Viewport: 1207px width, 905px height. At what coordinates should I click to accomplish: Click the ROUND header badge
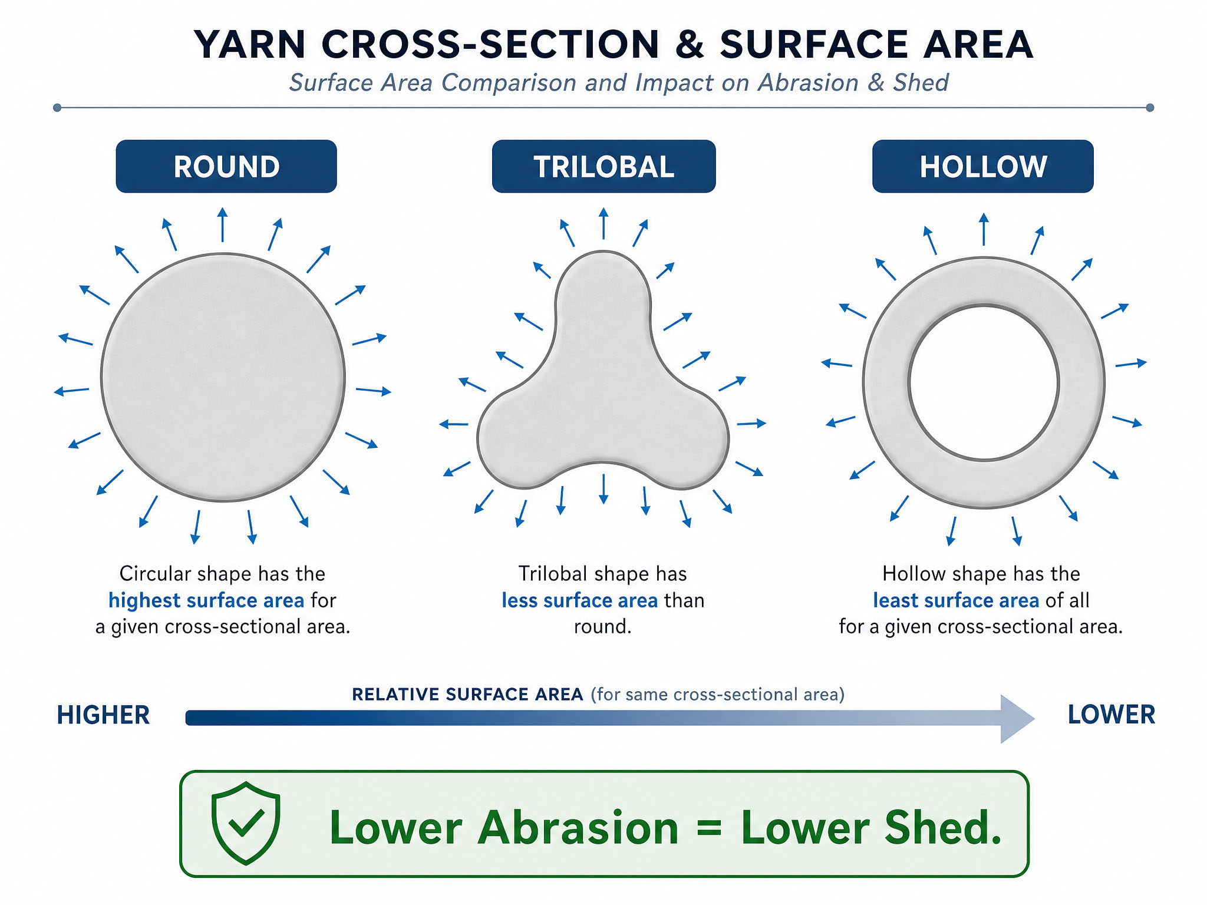click(226, 166)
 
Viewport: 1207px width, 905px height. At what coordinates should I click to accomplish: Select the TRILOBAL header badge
click(603, 166)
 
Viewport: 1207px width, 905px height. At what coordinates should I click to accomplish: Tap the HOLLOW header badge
click(983, 166)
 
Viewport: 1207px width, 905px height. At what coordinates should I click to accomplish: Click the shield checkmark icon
click(246, 823)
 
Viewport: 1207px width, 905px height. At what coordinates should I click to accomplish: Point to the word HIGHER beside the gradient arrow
click(103, 715)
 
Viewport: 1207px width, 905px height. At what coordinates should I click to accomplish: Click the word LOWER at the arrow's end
click(1112, 715)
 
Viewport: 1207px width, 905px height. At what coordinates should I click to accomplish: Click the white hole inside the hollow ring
click(984, 382)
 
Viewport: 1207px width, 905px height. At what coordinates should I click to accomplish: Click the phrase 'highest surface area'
click(206, 600)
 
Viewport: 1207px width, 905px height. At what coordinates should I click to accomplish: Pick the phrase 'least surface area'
click(956, 600)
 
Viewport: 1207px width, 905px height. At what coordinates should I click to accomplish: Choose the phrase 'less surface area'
click(580, 600)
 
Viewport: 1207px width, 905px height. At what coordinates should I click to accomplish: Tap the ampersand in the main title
click(690, 45)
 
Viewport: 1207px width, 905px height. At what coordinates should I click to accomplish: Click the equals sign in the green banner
click(709, 828)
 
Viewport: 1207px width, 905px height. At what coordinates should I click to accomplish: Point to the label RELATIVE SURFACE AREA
click(467, 695)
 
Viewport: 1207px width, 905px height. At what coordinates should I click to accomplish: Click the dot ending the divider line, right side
click(1150, 108)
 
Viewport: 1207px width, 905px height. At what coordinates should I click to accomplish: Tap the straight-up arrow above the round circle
click(222, 224)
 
